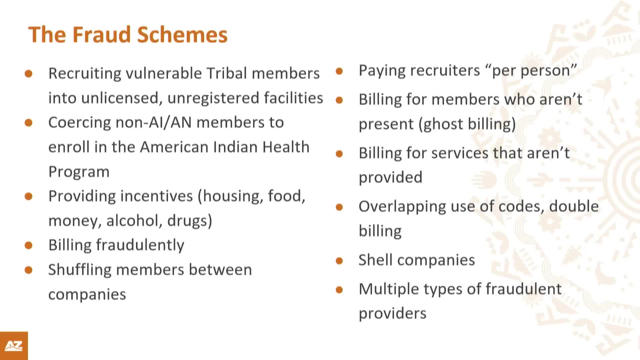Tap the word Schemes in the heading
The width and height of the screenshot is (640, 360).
(182, 35)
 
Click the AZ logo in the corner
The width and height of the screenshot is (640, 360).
(14, 346)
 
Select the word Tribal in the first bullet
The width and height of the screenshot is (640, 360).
(227, 73)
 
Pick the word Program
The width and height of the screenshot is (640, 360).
(79, 172)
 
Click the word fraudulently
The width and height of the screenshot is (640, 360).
(140, 245)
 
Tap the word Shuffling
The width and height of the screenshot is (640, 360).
(80, 270)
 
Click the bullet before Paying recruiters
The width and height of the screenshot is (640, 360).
(339, 71)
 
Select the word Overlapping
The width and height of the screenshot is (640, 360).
(402, 207)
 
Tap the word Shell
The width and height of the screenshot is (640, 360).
(375, 260)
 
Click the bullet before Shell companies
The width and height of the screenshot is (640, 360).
(339, 261)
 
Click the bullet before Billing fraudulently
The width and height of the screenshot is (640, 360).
(29, 246)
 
